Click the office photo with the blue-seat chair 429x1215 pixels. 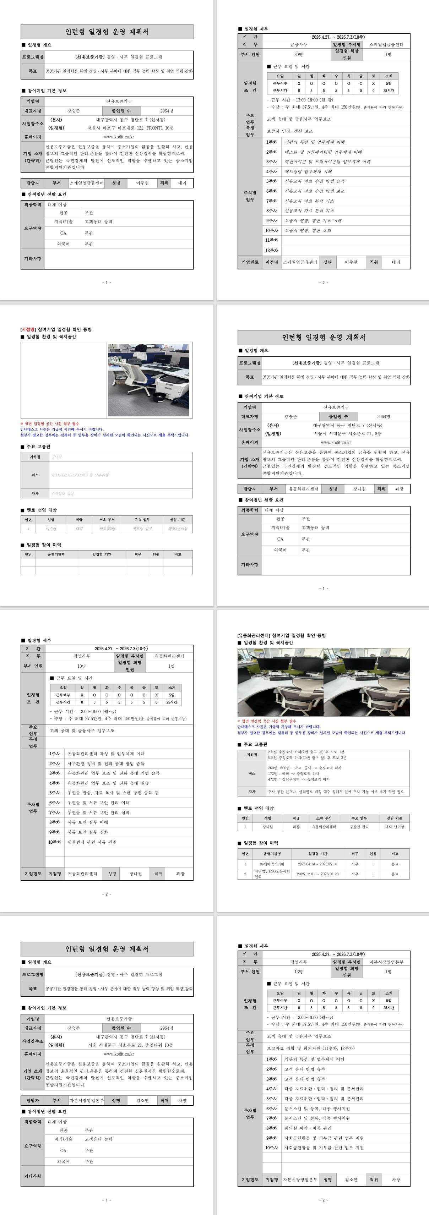tap(148, 380)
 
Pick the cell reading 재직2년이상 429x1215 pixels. tap(178, 529)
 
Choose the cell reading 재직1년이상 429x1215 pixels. tap(395, 827)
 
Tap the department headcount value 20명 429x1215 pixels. tap(298, 55)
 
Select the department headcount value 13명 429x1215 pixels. tap(298, 972)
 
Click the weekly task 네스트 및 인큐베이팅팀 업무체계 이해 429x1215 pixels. tap(323, 152)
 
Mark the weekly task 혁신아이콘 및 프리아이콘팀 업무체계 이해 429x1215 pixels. tap(327, 162)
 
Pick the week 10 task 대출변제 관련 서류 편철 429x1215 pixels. tap(92, 842)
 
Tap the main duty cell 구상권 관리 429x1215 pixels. tap(359, 827)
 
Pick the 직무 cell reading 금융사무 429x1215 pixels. tap(298, 44)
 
